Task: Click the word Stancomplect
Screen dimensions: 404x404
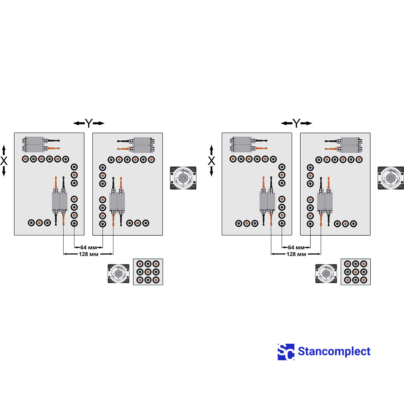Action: click(334, 351)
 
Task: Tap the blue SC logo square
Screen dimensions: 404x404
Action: click(286, 352)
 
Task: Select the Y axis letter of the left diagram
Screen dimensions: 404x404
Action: click(89, 123)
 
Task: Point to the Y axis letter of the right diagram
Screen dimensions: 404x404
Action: click(296, 123)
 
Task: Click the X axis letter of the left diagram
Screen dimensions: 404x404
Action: click(4, 161)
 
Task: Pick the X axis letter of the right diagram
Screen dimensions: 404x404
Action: click(211, 161)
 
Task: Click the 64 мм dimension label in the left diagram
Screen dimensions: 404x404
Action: click(89, 247)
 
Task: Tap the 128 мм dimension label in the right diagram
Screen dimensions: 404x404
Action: click(296, 254)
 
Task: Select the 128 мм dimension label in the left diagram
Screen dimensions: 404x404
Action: click(89, 254)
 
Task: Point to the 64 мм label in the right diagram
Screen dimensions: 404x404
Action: click(296, 247)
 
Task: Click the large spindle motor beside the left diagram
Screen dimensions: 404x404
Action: click(183, 178)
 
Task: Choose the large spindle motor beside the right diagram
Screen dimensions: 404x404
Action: click(391, 178)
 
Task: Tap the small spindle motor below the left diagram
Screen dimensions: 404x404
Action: click(119, 274)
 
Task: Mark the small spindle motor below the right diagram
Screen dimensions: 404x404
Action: click(326, 274)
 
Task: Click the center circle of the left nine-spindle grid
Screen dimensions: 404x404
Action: click(148, 272)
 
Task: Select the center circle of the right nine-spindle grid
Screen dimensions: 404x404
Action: click(356, 272)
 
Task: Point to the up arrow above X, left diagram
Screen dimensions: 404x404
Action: click(4, 150)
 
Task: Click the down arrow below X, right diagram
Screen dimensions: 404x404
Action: click(211, 171)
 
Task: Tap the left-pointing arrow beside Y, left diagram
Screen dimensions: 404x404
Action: click(79, 123)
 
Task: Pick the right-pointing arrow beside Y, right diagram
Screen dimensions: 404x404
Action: click(306, 123)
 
